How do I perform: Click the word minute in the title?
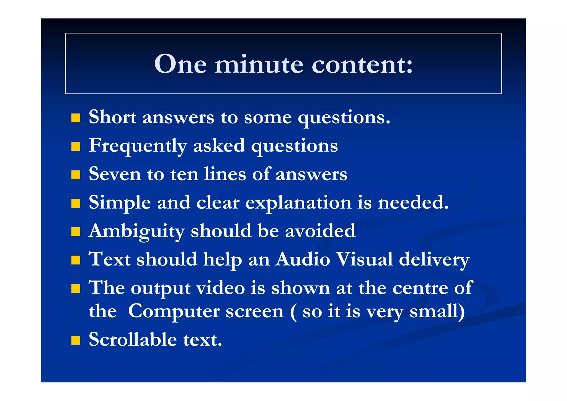click(259, 64)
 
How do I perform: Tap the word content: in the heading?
click(362, 64)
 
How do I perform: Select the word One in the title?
click(181, 64)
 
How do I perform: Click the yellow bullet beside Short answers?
click(76, 118)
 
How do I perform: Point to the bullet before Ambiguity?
click(76, 232)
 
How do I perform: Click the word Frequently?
click(138, 146)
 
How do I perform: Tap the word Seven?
click(115, 174)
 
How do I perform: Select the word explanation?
click(298, 203)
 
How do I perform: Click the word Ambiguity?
click(136, 232)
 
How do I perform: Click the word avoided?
click(320, 231)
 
